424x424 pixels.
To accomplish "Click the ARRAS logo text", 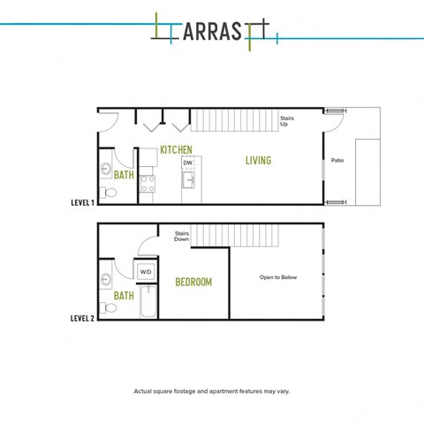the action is pos(212,31).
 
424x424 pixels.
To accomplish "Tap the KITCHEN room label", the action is pos(176,150).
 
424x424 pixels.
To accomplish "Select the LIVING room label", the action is pos(258,161).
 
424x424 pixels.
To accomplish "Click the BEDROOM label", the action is pos(193,282).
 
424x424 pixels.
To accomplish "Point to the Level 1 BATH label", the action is pos(124,175).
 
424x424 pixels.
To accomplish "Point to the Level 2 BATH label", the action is pos(124,296).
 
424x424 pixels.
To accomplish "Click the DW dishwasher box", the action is pos(188,163).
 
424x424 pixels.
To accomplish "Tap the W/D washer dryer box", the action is pos(146,271).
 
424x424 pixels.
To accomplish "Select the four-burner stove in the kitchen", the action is pos(148,184).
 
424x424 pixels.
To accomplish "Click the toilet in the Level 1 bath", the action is pos(108,193).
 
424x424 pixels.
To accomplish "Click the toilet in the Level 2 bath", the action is pos(108,307).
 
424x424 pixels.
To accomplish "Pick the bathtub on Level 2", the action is pos(148,301).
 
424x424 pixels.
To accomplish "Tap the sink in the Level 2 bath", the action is pos(105,278).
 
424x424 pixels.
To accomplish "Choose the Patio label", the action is pos(337,161).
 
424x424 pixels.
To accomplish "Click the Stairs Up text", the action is pos(287,121).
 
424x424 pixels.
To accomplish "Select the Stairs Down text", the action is pos(182,236).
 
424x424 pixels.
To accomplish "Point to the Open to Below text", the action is pos(278,277).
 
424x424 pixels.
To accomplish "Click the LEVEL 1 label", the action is pos(83,202).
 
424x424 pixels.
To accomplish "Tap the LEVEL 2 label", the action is pos(83,318).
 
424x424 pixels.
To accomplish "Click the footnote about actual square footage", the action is pos(212,391).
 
